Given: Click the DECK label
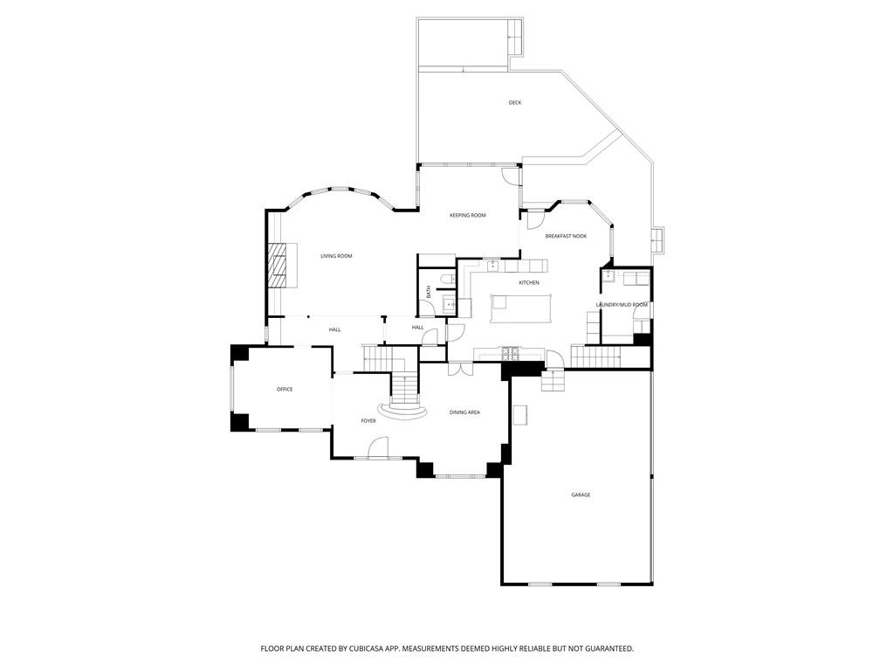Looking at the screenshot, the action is point(515,103).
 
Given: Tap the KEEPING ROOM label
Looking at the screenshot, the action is point(468,215).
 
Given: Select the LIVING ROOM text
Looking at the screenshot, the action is point(336,256).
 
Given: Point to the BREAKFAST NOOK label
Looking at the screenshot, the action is point(566,236).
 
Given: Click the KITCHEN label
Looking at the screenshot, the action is point(528,282).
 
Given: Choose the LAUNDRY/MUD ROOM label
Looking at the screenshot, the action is point(622,305).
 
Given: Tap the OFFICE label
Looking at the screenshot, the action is point(285,389).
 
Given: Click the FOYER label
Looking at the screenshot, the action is point(368,420).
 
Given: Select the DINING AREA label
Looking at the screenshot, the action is point(464,412).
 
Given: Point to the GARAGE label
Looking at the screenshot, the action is point(581,495).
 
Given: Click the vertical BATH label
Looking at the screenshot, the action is point(428,292).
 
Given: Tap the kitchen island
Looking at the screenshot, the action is point(521,308).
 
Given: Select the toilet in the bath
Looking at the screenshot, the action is point(449,279).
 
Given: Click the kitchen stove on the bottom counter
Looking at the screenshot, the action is point(509,354).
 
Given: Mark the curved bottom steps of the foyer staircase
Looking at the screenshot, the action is point(404,411).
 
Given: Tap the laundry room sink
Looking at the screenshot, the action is point(609,277).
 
